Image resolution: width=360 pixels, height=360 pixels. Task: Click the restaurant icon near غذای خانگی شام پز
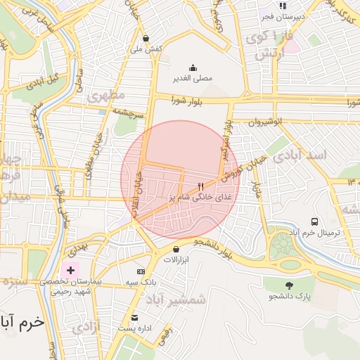pos(201,187)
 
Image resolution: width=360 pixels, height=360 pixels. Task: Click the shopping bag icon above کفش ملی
pos(146,39)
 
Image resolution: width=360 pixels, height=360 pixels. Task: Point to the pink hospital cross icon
pos(70,270)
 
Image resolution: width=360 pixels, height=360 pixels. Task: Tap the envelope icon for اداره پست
pos(135,317)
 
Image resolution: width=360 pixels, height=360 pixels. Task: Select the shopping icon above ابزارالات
pos(175,249)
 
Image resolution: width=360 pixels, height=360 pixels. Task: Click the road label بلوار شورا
pos(187,101)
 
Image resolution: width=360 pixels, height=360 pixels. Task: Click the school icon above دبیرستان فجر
pos(283,6)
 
